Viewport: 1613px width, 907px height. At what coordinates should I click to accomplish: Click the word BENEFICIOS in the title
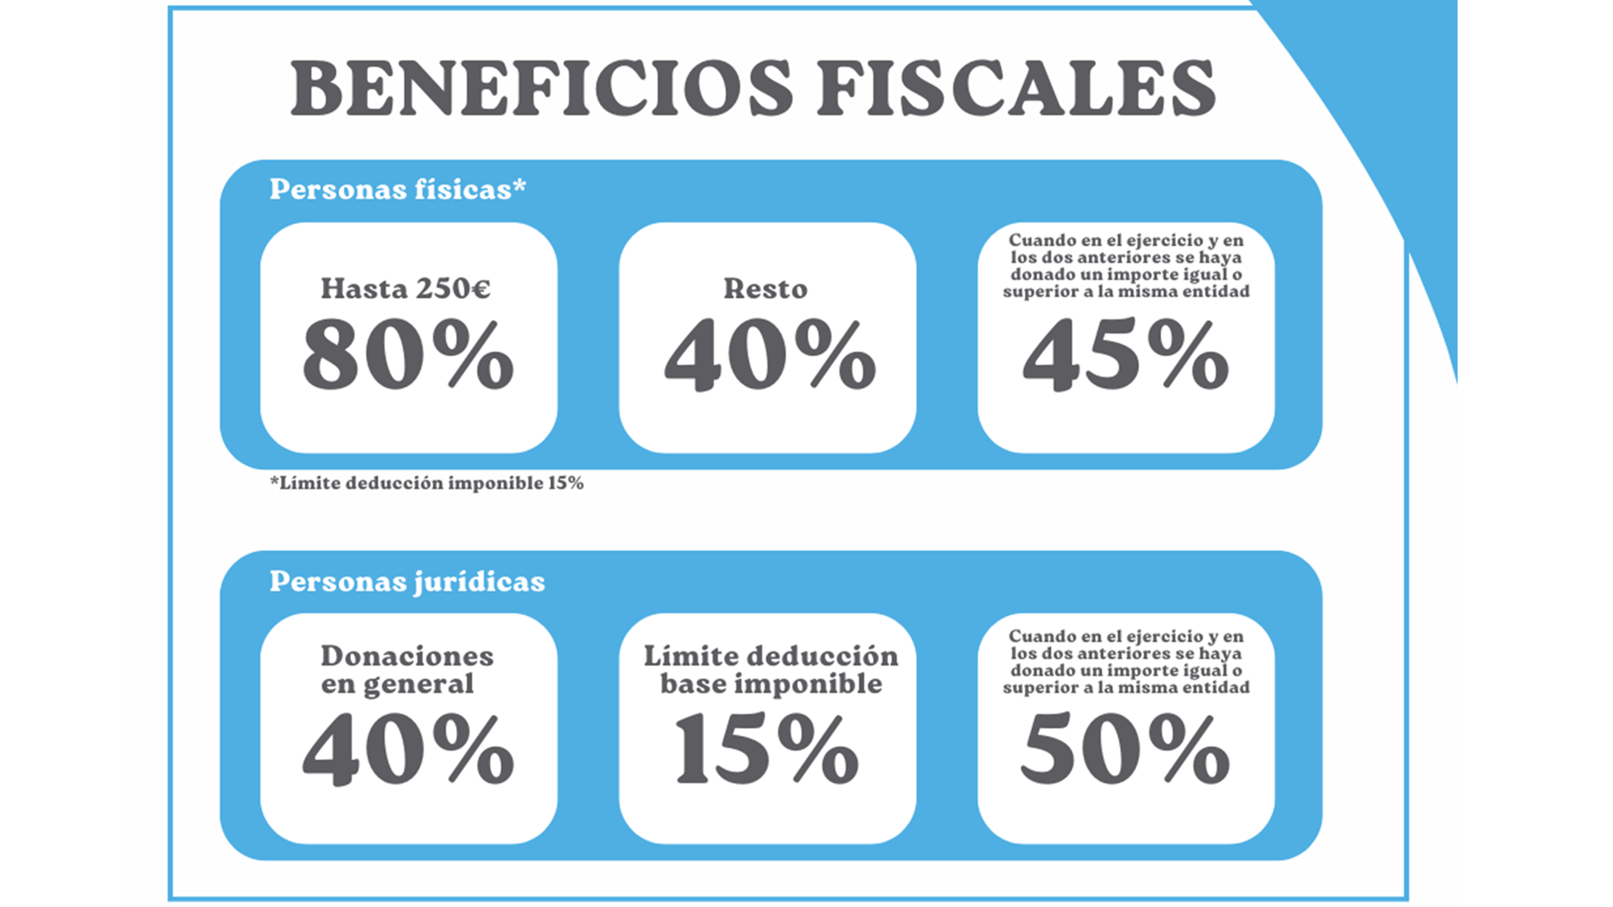tap(541, 88)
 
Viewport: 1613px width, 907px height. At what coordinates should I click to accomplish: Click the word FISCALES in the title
tap(1017, 88)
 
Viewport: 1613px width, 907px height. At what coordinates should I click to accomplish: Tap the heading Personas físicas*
tap(397, 189)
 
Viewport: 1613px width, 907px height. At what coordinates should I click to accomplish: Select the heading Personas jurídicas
tap(407, 582)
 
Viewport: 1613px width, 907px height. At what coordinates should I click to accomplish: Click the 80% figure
tap(408, 355)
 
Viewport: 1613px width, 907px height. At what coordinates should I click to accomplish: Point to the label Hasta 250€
tap(406, 288)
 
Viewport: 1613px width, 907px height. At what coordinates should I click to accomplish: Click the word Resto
tap(765, 288)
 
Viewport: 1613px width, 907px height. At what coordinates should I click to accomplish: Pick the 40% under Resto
tap(770, 355)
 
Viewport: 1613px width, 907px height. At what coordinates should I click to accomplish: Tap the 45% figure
tap(1126, 355)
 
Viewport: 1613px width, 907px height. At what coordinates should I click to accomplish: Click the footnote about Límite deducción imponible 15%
tap(427, 483)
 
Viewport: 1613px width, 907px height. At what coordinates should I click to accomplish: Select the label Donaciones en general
tap(407, 670)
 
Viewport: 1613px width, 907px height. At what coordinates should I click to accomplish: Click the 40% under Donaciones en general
tap(408, 749)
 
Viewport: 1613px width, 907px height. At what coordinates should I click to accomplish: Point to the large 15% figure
tap(767, 749)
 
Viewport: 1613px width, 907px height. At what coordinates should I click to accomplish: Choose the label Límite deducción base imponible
tap(771, 670)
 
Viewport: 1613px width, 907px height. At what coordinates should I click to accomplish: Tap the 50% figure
tap(1126, 749)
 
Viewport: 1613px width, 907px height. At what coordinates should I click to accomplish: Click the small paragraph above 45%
tap(1126, 266)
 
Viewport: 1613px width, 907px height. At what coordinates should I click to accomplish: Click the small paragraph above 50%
tap(1126, 662)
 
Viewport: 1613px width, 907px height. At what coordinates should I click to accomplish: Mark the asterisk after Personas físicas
tap(519, 185)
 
